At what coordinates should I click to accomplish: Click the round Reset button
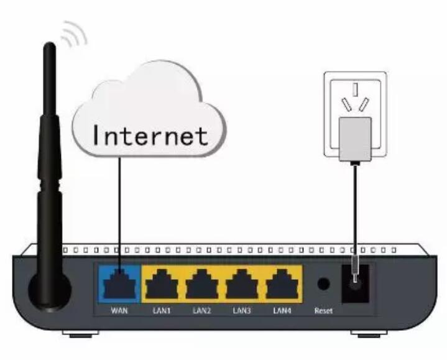click(x=323, y=284)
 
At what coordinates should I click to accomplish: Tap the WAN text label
click(x=119, y=310)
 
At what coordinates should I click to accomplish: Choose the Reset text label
click(x=323, y=310)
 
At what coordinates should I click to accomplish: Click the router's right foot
click(x=367, y=335)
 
